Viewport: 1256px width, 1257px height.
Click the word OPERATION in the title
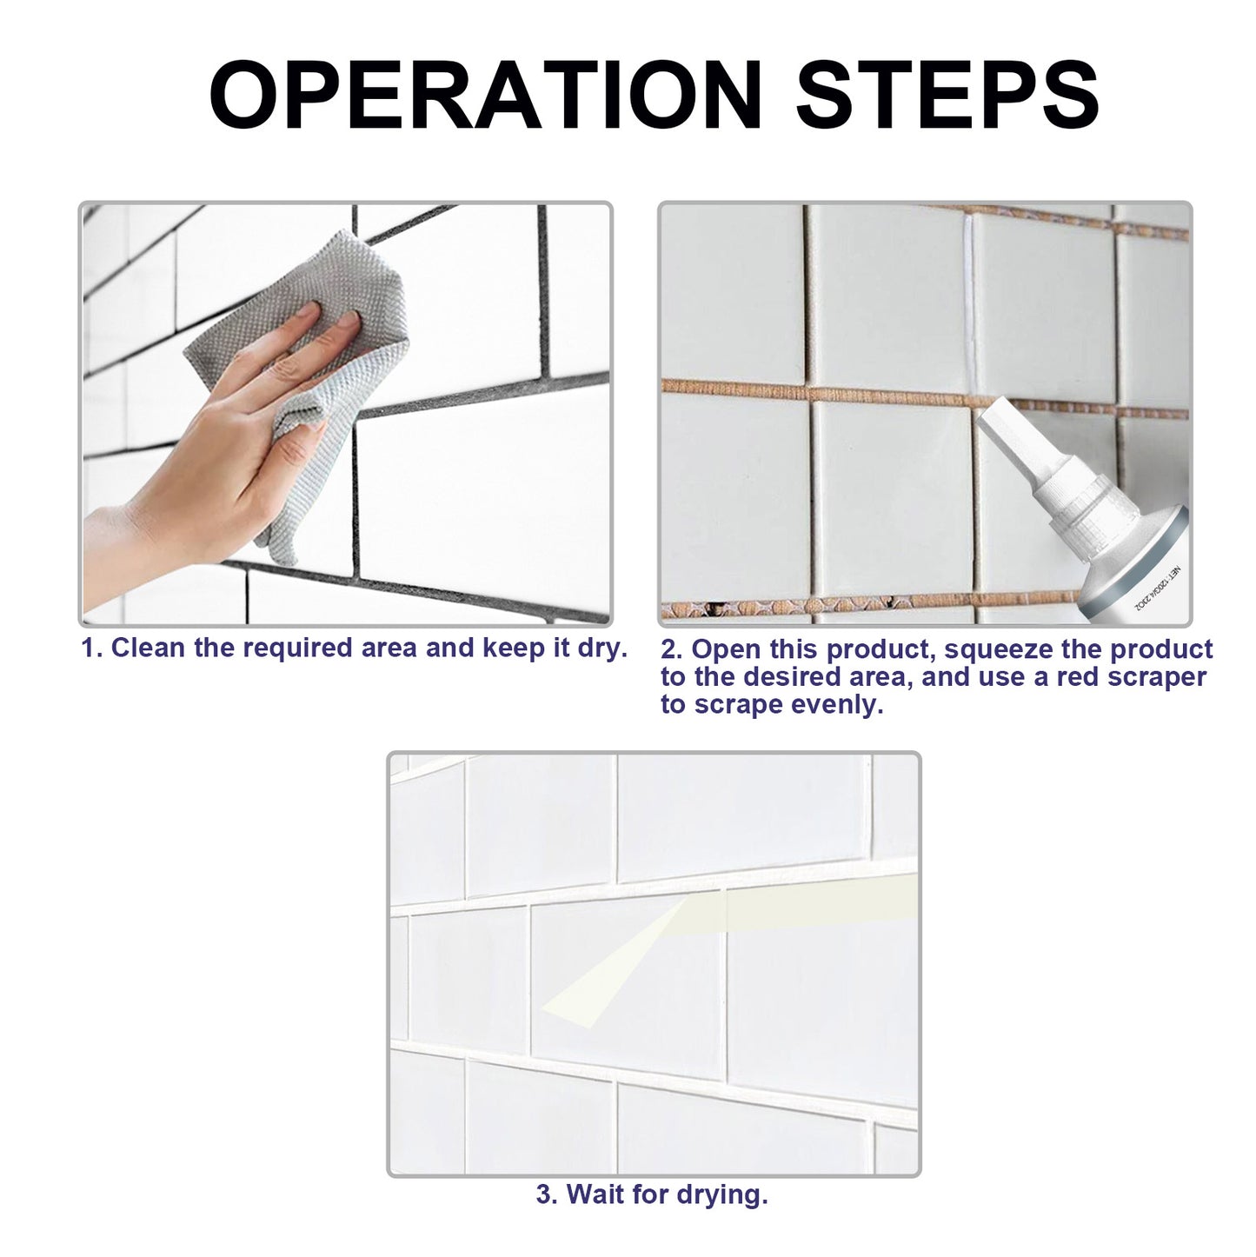click(x=485, y=96)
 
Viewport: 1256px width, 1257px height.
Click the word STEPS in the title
click(x=947, y=96)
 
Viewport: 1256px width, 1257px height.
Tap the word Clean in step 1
click(x=145, y=648)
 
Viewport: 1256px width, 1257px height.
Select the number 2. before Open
click(x=672, y=650)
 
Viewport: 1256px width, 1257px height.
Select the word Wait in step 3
click(x=596, y=1195)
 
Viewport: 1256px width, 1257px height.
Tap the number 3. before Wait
click(x=547, y=1195)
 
